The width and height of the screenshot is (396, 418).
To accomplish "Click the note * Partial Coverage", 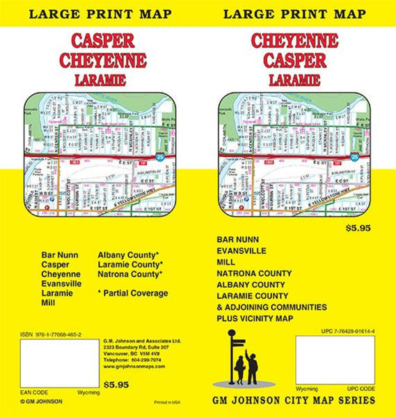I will point(134,293).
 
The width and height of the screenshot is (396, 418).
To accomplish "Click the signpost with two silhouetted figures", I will point(243,359).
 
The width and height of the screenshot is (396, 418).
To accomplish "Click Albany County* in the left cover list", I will point(128,254).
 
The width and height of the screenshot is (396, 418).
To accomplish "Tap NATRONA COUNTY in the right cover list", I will point(255,273).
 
